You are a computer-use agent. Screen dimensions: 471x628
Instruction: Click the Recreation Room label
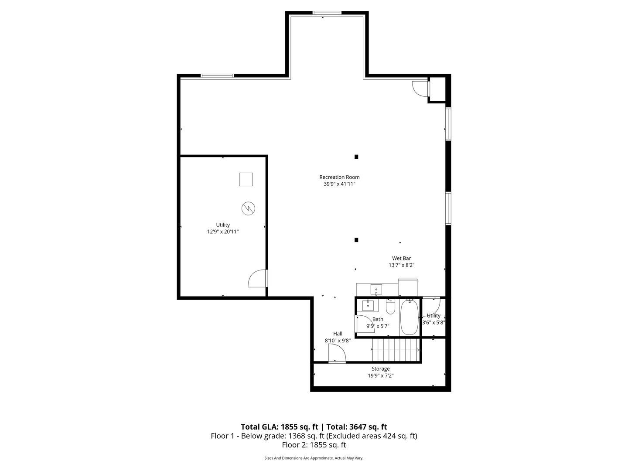(339, 177)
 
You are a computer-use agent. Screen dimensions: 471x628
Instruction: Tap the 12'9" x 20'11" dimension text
(223, 232)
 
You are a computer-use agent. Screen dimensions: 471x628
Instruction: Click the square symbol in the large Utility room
(246, 179)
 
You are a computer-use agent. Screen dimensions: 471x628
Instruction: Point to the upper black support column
(356, 157)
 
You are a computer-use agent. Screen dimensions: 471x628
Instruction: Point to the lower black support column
(356, 239)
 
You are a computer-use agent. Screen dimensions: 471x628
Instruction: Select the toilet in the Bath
(390, 307)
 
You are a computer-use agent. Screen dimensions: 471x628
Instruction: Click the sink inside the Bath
(368, 305)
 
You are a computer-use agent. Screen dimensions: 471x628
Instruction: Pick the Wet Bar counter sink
(376, 290)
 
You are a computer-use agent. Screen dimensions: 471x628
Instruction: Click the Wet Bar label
(401, 258)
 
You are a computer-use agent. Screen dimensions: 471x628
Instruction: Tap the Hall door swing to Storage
(336, 354)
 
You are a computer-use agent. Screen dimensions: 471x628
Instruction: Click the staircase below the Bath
(396, 351)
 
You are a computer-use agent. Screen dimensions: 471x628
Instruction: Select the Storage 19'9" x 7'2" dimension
(381, 375)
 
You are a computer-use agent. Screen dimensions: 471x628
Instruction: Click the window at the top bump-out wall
(327, 13)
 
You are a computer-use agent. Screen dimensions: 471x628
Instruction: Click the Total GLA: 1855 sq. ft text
(280, 427)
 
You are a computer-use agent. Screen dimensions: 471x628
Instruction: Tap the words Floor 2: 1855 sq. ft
(314, 445)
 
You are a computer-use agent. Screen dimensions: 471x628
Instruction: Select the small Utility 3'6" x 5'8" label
(433, 319)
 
